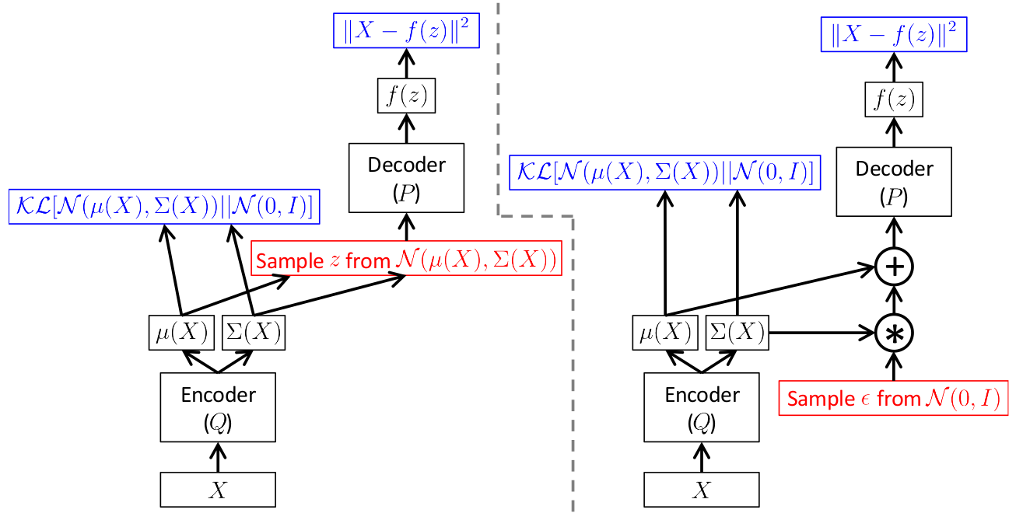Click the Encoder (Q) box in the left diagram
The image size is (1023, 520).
tap(218, 407)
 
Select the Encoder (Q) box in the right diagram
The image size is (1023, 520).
tap(702, 407)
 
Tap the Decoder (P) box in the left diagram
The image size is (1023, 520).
tap(406, 178)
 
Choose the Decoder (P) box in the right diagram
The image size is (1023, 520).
tap(894, 182)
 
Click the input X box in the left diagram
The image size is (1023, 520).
tap(218, 490)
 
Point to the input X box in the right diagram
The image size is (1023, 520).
tap(702, 490)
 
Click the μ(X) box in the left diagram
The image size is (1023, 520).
tap(181, 333)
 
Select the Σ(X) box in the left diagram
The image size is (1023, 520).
tap(254, 333)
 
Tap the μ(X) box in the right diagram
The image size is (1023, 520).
tap(665, 333)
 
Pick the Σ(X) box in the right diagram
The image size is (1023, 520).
tap(737, 333)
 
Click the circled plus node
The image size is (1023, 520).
tap(894, 267)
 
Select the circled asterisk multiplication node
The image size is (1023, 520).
tap(894, 333)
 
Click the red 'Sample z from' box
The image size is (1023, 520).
tap(406, 258)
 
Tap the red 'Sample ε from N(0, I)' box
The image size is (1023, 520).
tap(893, 398)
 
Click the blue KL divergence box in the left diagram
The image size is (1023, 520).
tap(164, 207)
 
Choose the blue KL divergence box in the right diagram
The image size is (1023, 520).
tap(665, 173)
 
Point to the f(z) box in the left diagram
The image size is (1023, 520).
tap(406, 96)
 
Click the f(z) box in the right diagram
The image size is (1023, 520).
tap(894, 99)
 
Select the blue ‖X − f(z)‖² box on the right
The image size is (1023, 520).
tap(894, 34)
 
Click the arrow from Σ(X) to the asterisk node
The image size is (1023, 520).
tap(822, 333)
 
